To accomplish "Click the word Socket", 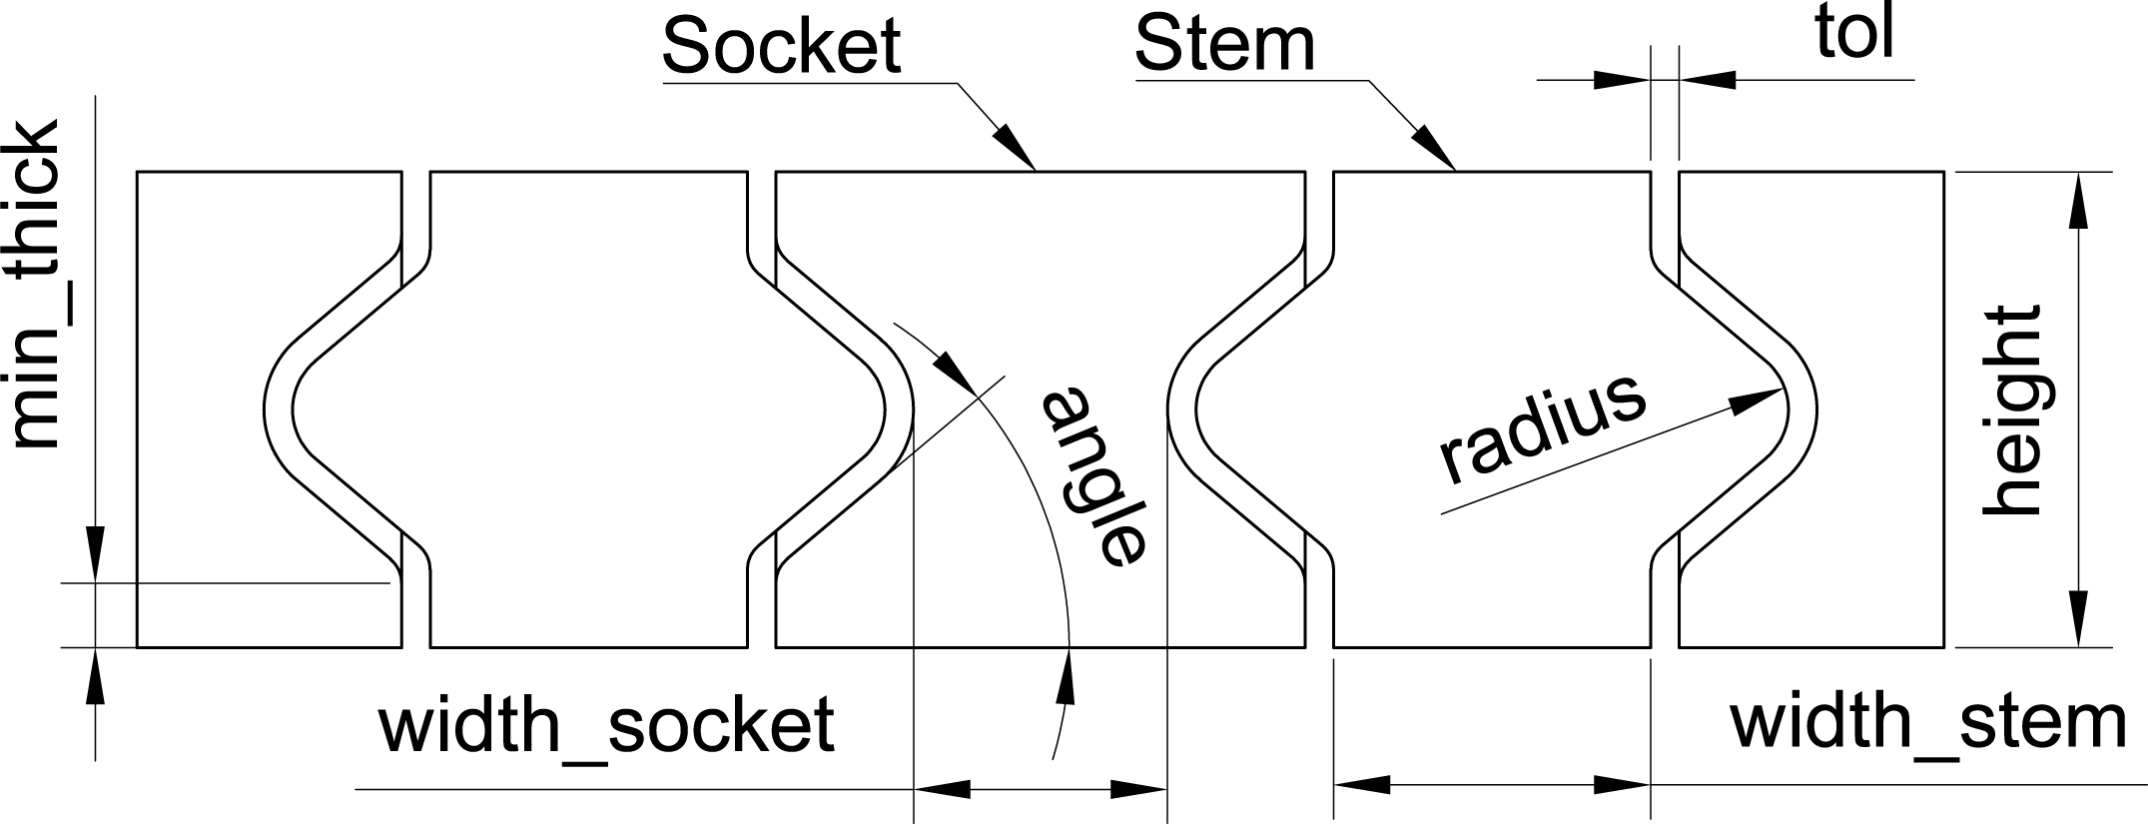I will (781, 46).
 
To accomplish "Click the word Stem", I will (1224, 46).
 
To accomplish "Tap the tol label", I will (1853, 36).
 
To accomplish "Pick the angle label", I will (1094, 475).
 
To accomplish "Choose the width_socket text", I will (606, 725).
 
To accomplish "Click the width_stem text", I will (1927, 722).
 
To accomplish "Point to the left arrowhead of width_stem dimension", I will (1362, 784).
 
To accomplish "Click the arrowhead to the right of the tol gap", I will (1708, 79).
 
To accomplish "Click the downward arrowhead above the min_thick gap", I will (96, 554).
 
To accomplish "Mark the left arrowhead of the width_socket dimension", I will (942, 789).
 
